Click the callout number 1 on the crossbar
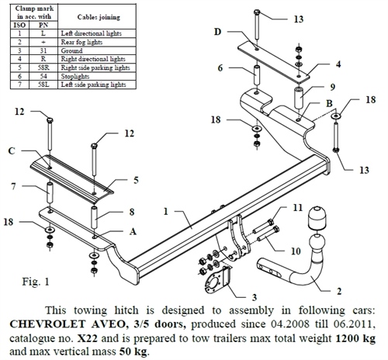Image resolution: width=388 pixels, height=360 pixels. (x=166, y=209)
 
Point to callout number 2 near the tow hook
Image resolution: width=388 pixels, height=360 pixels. (x=338, y=291)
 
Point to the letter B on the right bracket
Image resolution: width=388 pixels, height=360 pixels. (x=329, y=102)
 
